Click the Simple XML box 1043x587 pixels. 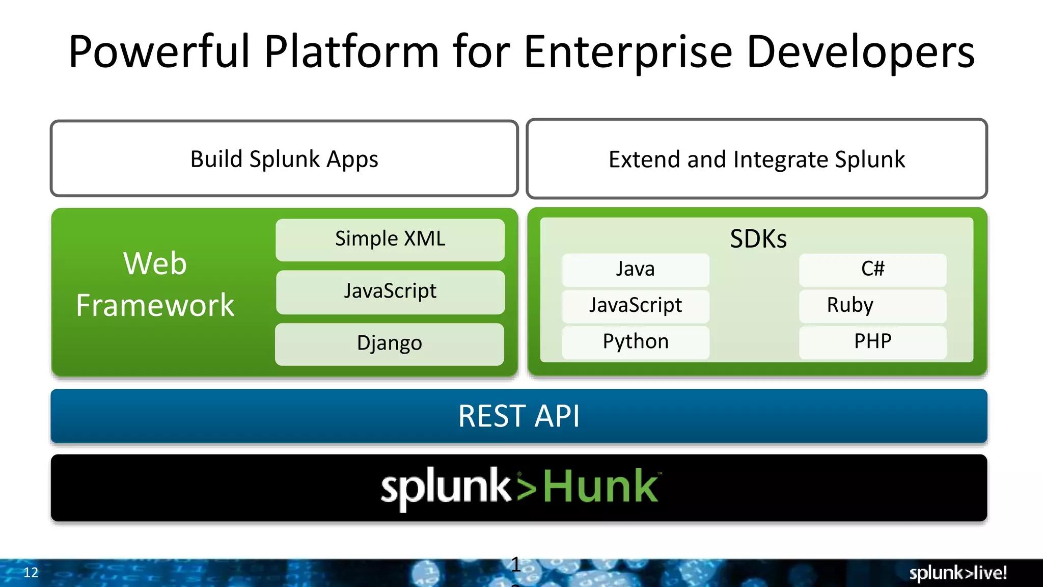point(390,239)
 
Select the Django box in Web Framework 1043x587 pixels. point(390,344)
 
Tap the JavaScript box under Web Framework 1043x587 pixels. point(390,292)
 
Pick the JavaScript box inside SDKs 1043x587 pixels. point(635,306)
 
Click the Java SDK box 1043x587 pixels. point(635,270)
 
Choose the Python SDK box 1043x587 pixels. point(635,342)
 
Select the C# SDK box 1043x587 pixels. point(872,270)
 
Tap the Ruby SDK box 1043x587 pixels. point(872,306)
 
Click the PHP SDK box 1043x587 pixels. point(872,342)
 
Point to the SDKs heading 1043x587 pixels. point(758,239)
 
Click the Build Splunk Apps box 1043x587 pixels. point(284,159)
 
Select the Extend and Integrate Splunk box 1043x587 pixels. point(757,159)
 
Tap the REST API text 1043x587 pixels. point(518,416)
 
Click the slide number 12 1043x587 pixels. point(31,573)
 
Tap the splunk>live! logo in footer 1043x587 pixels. point(957,573)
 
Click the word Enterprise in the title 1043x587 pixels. point(628,52)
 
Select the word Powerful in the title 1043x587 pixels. point(159,52)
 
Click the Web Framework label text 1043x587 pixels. point(155,284)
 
